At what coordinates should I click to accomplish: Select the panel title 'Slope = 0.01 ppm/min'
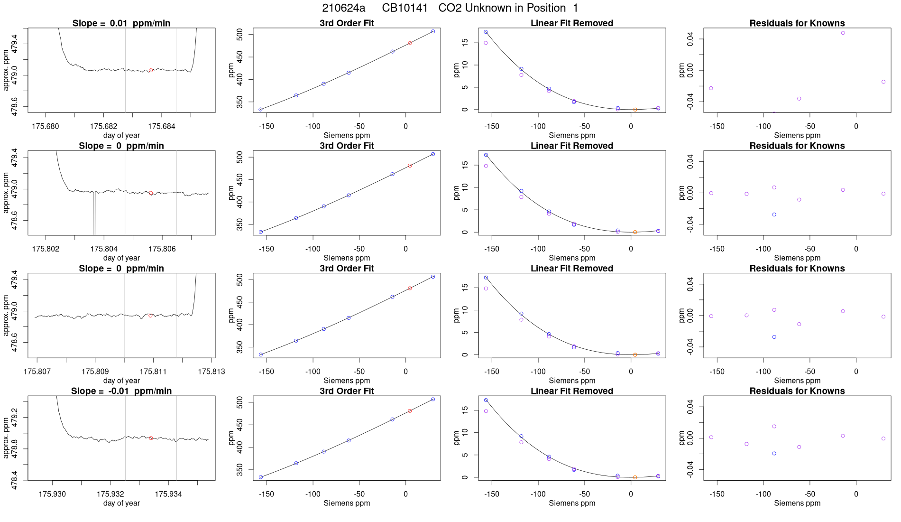point(121,23)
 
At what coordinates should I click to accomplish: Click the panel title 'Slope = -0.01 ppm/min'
point(121,391)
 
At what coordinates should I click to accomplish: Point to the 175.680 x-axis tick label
point(46,126)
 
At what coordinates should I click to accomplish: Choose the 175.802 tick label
point(46,249)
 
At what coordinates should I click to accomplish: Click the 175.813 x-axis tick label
point(211,371)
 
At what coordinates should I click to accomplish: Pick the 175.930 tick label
point(52,494)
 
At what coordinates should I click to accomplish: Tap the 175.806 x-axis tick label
point(162,249)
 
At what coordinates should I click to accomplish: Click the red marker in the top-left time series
point(151,70)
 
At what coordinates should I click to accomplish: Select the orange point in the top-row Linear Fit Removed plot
point(635,110)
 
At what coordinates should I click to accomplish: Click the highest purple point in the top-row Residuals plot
point(843,33)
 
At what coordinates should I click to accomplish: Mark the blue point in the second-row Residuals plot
point(774,214)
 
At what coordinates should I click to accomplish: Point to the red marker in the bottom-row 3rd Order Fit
point(410,411)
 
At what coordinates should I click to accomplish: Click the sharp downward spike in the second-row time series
point(94,223)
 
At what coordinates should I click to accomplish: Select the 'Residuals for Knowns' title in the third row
point(797,269)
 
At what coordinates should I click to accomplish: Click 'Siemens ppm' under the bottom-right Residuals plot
point(797,503)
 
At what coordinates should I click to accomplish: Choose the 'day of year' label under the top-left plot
point(121,135)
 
